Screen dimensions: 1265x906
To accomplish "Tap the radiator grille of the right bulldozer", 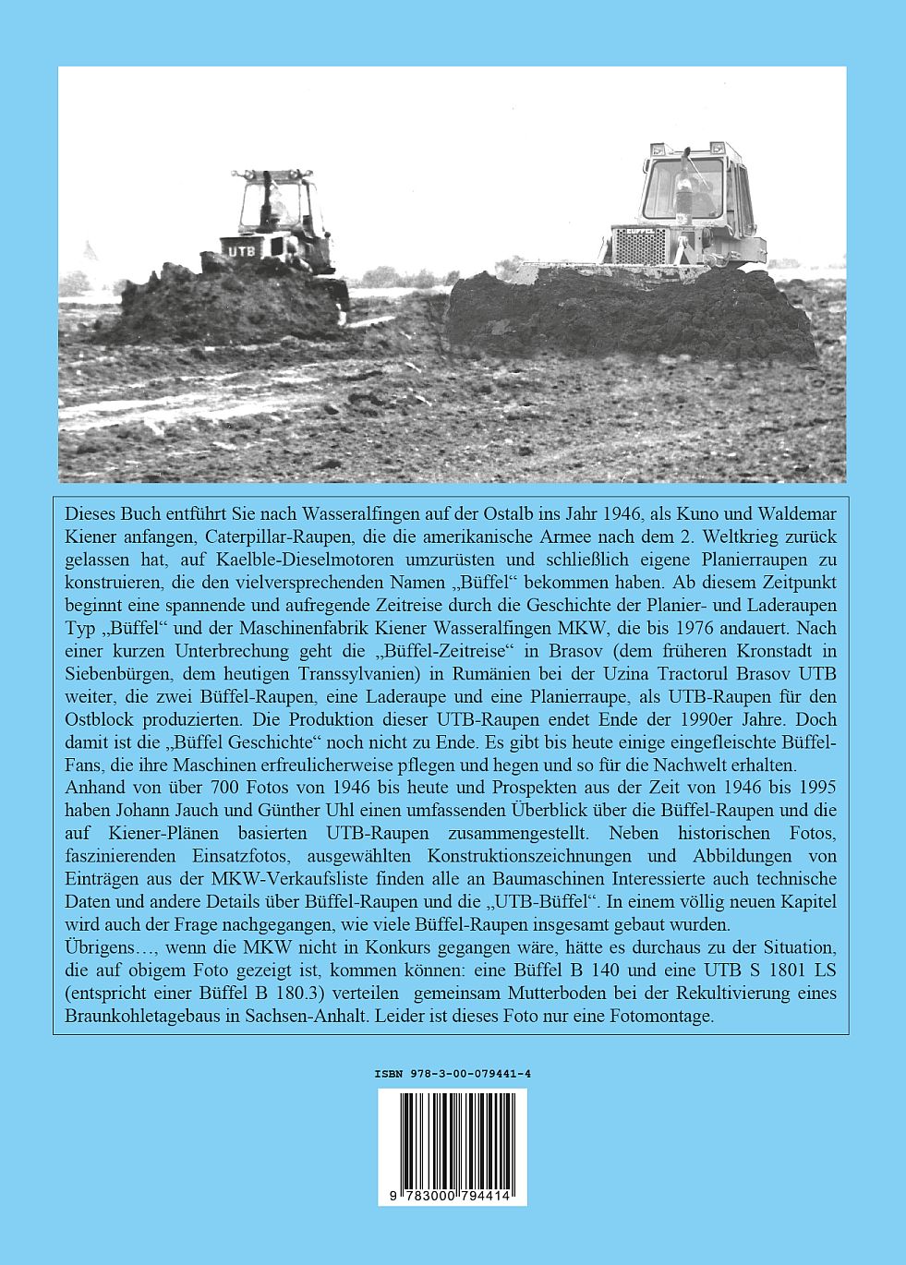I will pyautogui.click(x=639, y=247).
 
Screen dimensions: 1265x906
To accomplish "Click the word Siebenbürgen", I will pyautogui.click(x=117, y=673).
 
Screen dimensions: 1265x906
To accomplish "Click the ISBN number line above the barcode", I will pyautogui.click(x=452, y=1074).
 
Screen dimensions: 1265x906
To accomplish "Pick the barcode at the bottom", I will pyautogui.click(x=452, y=1146).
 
